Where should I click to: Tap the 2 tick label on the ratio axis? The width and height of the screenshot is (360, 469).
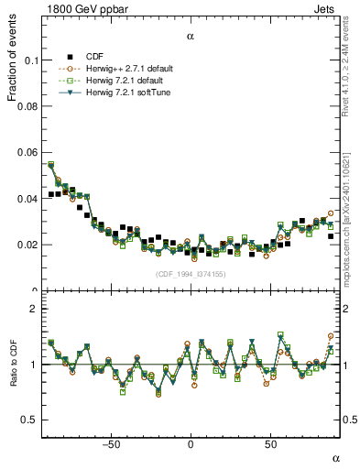[x=33, y=309]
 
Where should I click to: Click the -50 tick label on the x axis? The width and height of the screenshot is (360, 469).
[x=111, y=445]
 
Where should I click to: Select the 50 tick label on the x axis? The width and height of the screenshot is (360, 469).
[x=270, y=445]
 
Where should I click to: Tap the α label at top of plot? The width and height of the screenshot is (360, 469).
[x=191, y=37]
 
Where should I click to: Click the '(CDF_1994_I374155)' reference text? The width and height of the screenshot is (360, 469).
[x=191, y=274]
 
